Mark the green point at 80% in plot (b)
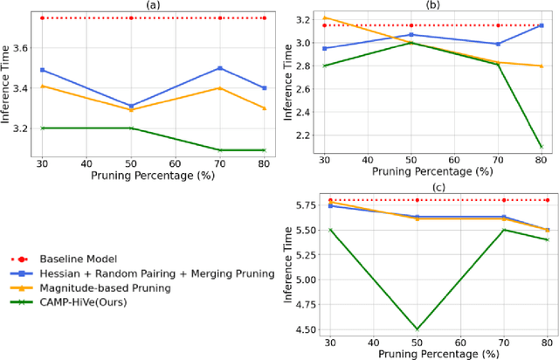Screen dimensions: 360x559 (540, 146)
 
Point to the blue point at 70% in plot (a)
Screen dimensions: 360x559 (219, 67)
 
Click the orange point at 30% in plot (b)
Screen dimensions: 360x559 (325, 17)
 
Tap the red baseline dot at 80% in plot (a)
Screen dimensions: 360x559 (264, 17)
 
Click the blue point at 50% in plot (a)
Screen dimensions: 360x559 (130, 106)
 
